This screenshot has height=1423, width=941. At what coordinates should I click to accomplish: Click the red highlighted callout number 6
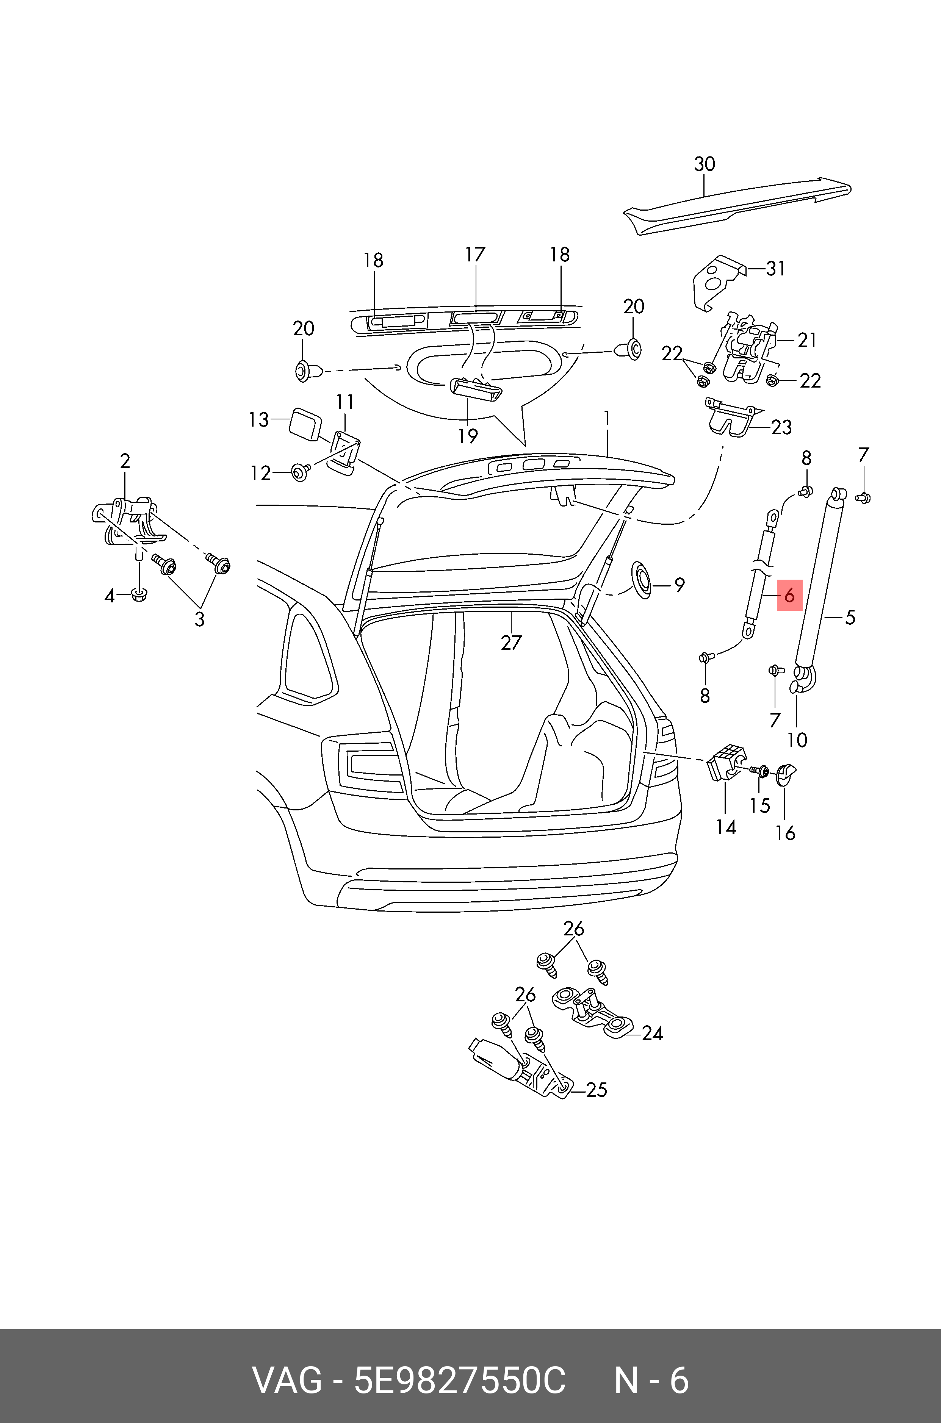[x=789, y=595]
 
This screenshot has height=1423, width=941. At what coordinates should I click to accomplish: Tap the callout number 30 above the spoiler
[x=705, y=164]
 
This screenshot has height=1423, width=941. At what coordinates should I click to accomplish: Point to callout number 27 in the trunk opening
[x=511, y=643]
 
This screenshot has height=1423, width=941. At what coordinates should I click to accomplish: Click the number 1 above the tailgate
[x=608, y=418]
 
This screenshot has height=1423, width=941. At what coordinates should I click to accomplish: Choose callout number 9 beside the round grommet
[x=680, y=585]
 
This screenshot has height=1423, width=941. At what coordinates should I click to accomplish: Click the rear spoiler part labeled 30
[x=737, y=205]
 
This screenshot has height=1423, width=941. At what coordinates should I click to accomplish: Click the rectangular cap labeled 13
[x=304, y=424]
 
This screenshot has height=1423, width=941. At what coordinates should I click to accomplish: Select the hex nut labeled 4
[x=139, y=596]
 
